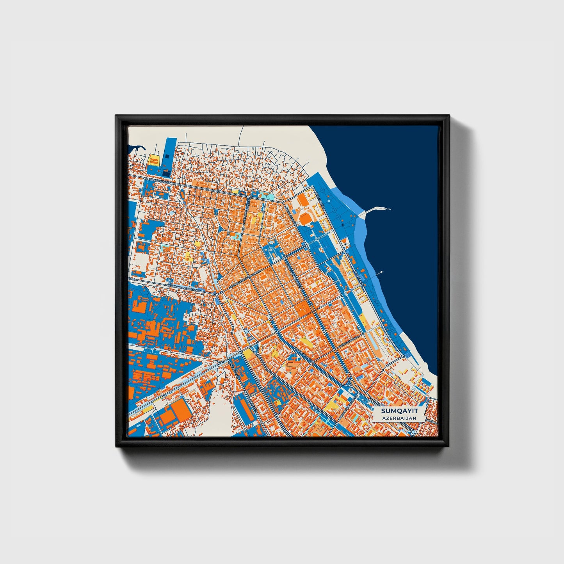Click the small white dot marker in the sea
click(381, 272)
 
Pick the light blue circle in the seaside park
click(329, 201)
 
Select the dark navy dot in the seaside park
click(342, 226)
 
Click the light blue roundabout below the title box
click(413, 432)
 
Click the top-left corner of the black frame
click(116, 116)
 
